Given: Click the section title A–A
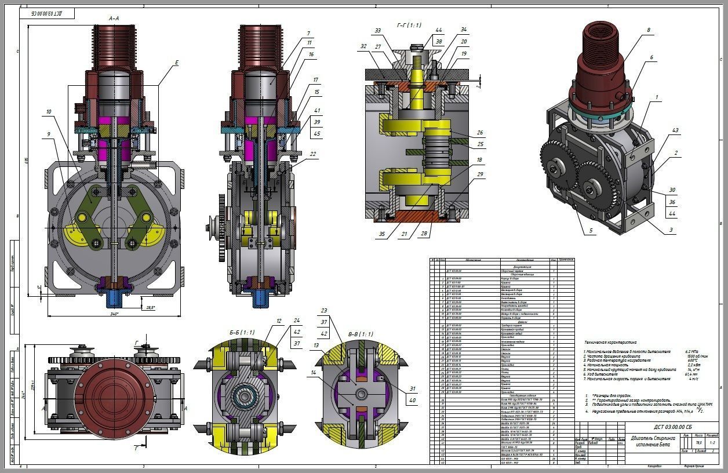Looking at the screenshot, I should point(114,19).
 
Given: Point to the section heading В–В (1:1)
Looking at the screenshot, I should point(361,334).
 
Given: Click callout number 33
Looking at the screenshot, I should point(378,31).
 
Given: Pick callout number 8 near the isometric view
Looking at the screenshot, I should point(649,30).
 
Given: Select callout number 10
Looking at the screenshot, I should point(49,111).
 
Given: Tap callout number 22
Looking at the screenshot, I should point(313,154).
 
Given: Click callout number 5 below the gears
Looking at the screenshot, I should point(592,231).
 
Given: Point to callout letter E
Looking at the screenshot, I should point(177,63).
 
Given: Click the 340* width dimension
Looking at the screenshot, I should point(114,314).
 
